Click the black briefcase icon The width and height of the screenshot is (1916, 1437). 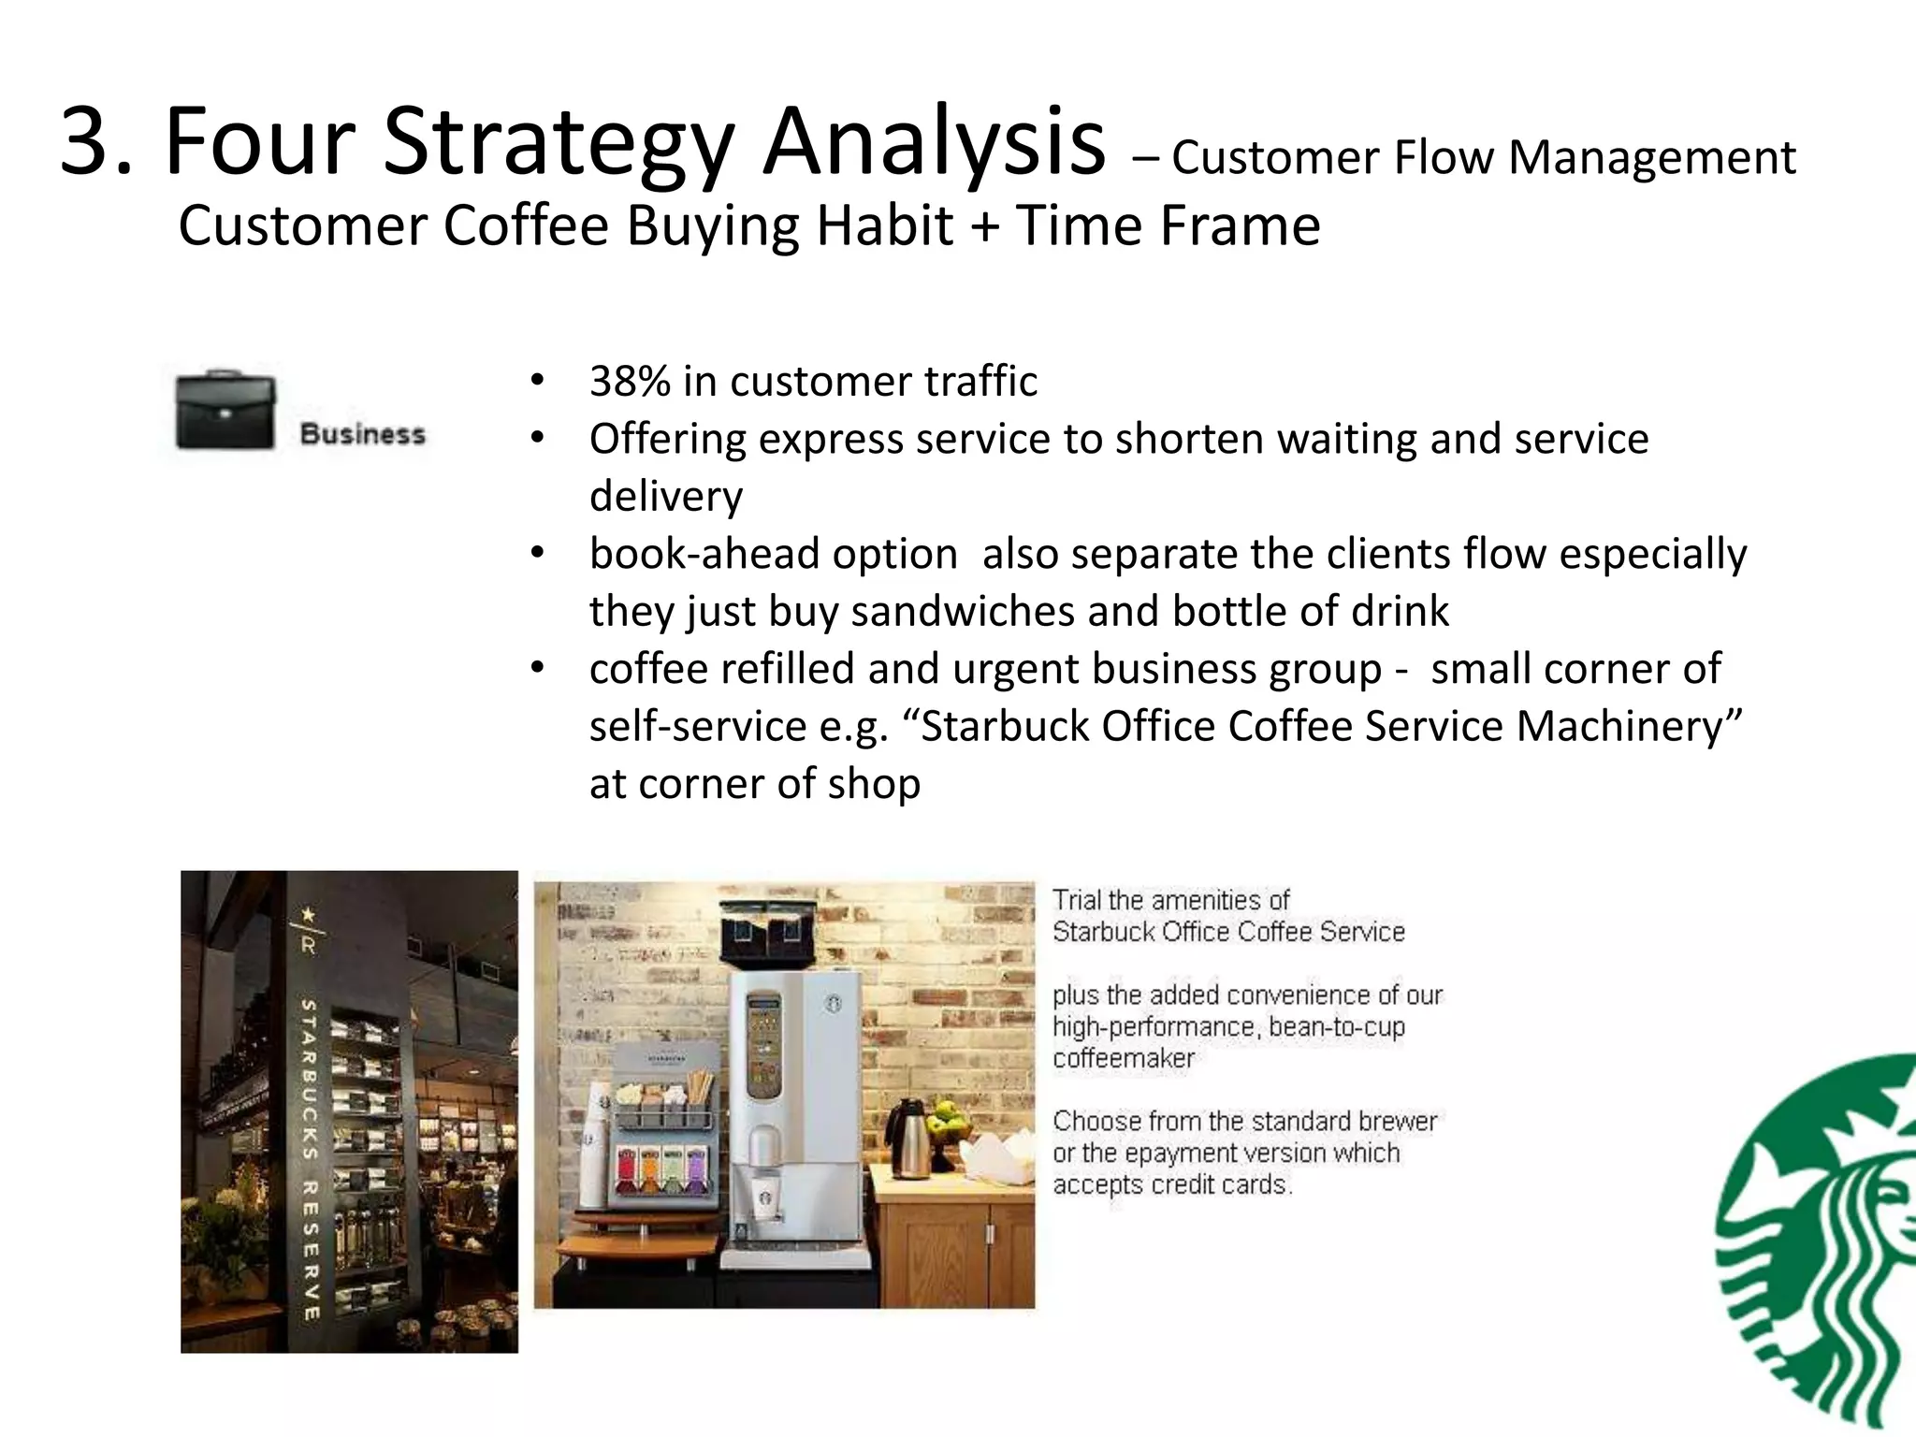226,412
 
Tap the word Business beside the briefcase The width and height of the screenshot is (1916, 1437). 363,435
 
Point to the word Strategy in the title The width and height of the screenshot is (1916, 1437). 558,142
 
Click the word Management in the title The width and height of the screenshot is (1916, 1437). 1652,157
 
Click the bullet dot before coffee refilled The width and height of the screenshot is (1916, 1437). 536,669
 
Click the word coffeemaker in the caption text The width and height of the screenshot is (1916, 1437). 1124,1059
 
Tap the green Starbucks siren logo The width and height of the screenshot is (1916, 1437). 1820,1244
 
